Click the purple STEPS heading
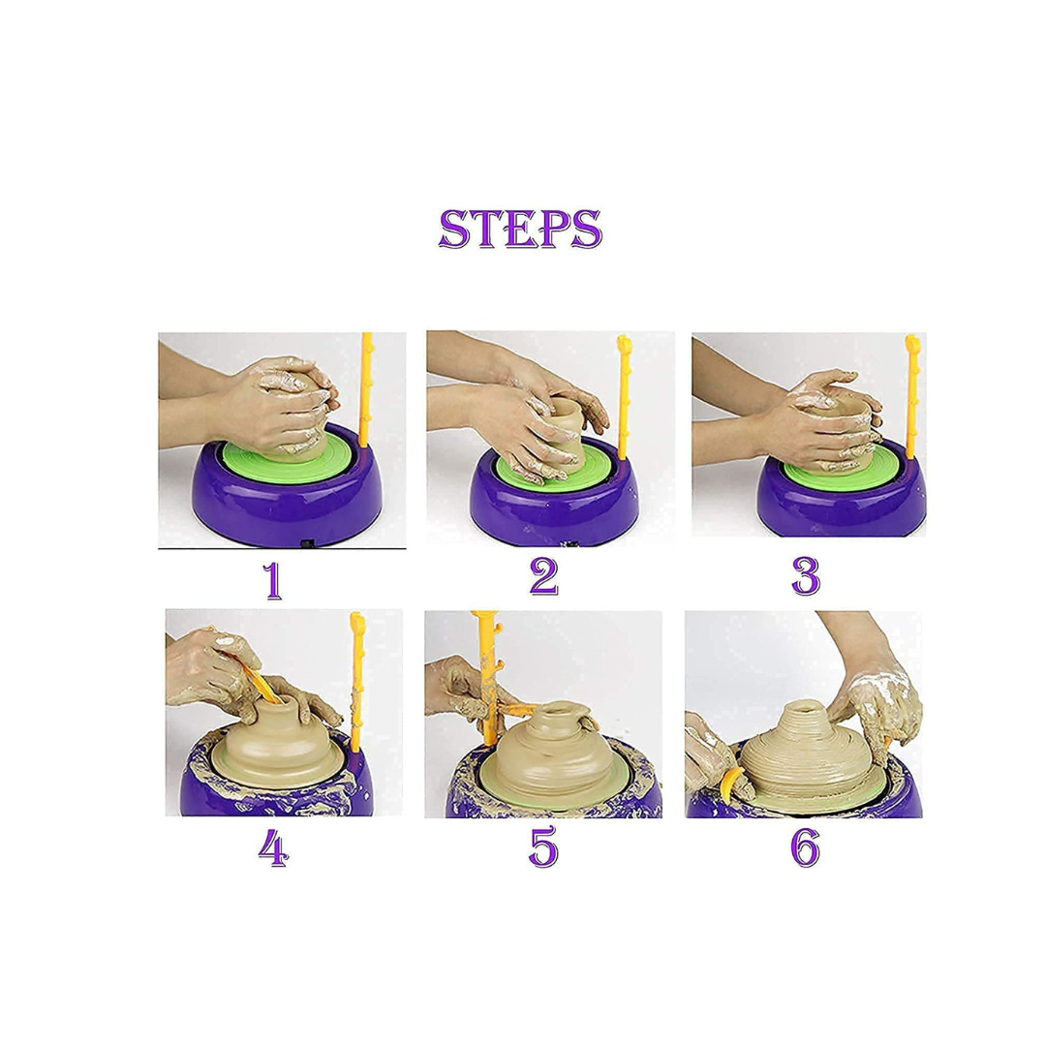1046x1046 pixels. click(x=520, y=229)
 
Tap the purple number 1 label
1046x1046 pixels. click(x=272, y=580)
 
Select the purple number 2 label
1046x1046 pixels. click(x=543, y=576)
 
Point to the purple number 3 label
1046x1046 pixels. click(x=805, y=576)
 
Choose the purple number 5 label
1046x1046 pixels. click(x=543, y=847)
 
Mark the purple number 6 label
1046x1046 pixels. click(x=805, y=847)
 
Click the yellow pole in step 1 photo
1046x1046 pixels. click(x=365, y=390)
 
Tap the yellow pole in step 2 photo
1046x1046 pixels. click(x=624, y=398)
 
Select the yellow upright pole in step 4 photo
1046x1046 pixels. click(x=356, y=682)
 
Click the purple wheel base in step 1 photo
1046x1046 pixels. click(x=287, y=494)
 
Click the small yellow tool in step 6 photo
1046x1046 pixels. click(x=729, y=785)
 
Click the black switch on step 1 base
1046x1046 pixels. click(x=308, y=544)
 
